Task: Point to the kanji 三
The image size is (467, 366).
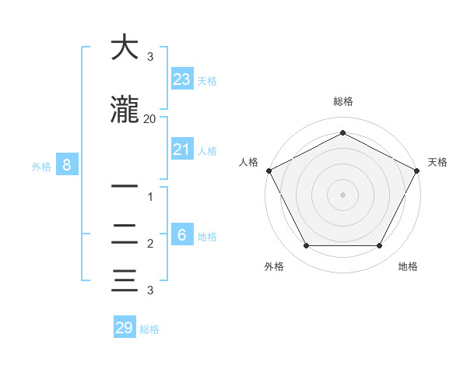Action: (x=125, y=280)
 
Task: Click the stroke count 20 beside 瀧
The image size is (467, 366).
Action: (x=149, y=119)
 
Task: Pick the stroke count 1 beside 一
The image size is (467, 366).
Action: (x=149, y=197)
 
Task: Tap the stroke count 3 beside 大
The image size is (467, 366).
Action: (x=149, y=57)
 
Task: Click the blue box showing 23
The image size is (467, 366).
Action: (x=182, y=79)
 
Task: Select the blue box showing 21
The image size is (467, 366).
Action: (x=182, y=150)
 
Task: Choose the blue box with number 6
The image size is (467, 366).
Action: (x=182, y=235)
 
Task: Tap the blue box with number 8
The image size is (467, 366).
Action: (x=67, y=165)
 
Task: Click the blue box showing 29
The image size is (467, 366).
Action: (x=125, y=328)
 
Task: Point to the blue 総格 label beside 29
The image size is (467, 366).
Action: (x=149, y=329)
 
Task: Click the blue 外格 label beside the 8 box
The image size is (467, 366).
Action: (x=41, y=166)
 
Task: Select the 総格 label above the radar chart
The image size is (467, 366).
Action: (x=342, y=101)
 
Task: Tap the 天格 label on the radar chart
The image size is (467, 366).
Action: (x=437, y=162)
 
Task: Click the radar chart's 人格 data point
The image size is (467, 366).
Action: (x=269, y=171)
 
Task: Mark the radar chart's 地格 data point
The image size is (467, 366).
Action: (x=379, y=245)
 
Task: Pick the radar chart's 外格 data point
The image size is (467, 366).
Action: (x=306, y=245)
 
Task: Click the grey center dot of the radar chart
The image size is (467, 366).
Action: (x=342, y=194)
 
